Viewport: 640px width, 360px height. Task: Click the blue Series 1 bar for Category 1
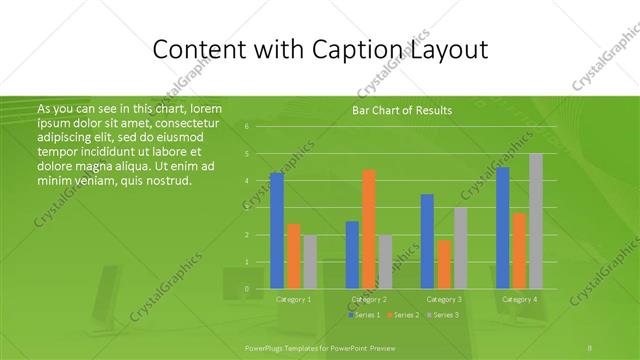coord(277,230)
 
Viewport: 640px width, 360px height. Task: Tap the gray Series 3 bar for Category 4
coord(536,220)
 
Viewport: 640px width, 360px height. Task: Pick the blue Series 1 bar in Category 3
coord(427,241)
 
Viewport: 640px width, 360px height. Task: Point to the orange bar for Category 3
coord(444,264)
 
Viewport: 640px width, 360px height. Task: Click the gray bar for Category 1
coord(310,261)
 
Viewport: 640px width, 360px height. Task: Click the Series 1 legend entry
coord(365,315)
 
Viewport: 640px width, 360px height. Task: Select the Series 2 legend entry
coord(405,315)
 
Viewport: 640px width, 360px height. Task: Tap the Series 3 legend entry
coord(444,315)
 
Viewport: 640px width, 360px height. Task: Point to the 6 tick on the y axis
coord(247,127)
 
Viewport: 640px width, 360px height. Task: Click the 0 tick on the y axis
coord(247,289)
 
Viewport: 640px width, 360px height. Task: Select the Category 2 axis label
coord(369,299)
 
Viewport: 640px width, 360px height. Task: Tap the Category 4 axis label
coord(519,299)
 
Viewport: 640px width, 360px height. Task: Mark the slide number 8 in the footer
coord(590,347)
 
